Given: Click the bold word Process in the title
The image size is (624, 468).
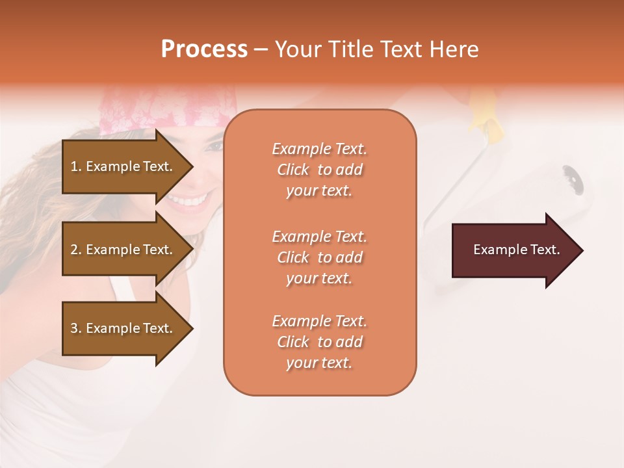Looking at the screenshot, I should click(204, 49).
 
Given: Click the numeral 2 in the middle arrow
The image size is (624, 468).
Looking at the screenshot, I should click(73, 250).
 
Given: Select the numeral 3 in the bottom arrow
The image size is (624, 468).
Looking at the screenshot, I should click(73, 328).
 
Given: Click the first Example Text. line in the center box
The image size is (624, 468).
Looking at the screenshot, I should click(319, 149).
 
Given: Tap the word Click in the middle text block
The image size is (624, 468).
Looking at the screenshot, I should click(292, 257).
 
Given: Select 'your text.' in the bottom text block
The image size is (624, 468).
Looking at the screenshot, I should click(319, 363).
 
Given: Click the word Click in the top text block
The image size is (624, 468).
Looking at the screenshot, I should click(292, 170).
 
